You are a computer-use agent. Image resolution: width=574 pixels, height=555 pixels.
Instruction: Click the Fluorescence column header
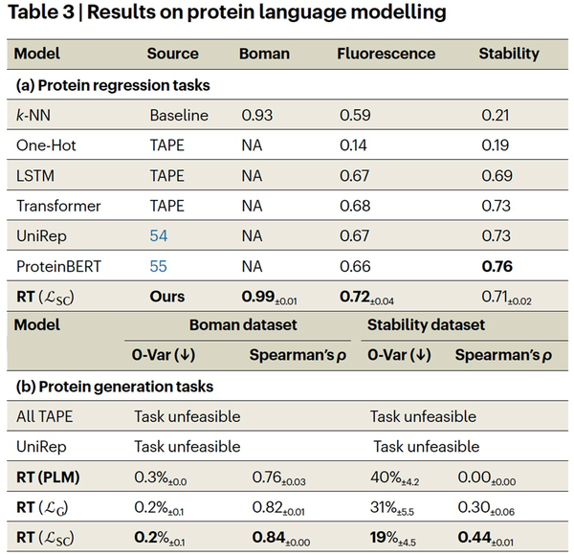point(386,54)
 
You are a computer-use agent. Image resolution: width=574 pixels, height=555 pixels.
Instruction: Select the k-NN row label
point(33,116)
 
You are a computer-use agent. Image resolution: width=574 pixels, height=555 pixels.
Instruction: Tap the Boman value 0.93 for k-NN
point(257,116)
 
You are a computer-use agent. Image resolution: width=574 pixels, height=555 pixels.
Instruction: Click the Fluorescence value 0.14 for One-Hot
point(353,145)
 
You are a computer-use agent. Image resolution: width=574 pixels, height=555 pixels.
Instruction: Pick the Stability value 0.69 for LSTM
point(497,176)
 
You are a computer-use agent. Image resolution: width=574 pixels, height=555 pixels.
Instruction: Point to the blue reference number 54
point(159,235)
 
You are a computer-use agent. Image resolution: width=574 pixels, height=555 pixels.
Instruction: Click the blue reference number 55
point(159,266)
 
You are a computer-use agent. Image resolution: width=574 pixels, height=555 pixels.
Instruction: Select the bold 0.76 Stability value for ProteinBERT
point(497,266)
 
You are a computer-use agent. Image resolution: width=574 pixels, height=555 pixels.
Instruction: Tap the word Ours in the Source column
point(166,297)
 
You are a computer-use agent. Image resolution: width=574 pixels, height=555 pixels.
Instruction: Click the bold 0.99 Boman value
point(257,297)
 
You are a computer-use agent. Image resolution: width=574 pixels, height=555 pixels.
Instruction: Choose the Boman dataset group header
point(243,324)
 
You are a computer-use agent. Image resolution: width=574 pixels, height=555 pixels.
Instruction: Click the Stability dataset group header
point(426,324)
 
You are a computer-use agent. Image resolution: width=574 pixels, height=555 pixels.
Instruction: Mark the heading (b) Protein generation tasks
point(115,387)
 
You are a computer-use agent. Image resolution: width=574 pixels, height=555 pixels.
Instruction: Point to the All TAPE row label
point(44,416)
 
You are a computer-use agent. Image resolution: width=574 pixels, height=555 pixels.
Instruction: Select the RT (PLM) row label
point(48,477)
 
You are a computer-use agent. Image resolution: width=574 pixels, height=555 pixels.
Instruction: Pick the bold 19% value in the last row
point(384,538)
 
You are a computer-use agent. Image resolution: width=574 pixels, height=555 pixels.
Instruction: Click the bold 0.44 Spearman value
point(475,538)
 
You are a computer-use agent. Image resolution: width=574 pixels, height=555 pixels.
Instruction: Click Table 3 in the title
point(41,12)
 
